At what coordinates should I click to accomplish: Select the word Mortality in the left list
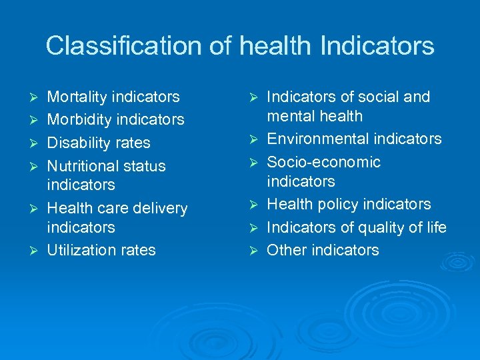tap(77, 97)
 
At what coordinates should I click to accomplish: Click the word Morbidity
tap(79, 120)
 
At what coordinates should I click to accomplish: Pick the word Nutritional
tap(82, 166)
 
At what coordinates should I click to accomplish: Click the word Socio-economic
tap(323, 163)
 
